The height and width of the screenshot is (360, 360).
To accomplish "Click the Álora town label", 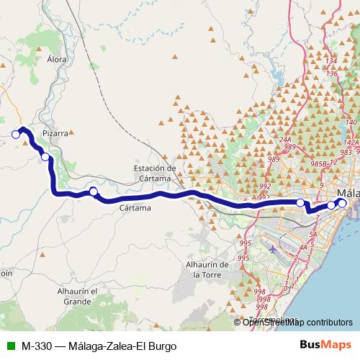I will (x=56, y=60).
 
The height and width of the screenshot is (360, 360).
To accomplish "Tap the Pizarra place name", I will (x=55, y=133).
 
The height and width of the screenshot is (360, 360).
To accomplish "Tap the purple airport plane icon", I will (x=273, y=249).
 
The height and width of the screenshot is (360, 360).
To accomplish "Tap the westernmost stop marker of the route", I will (x=16, y=133).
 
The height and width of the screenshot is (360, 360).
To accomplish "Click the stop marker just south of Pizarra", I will (x=45, y=156).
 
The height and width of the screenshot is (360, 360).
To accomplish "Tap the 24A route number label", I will (x=285, y=140).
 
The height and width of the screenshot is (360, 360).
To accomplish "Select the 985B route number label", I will (x=318, y=164).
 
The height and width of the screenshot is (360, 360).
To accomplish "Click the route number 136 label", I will (x=332, y=73).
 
